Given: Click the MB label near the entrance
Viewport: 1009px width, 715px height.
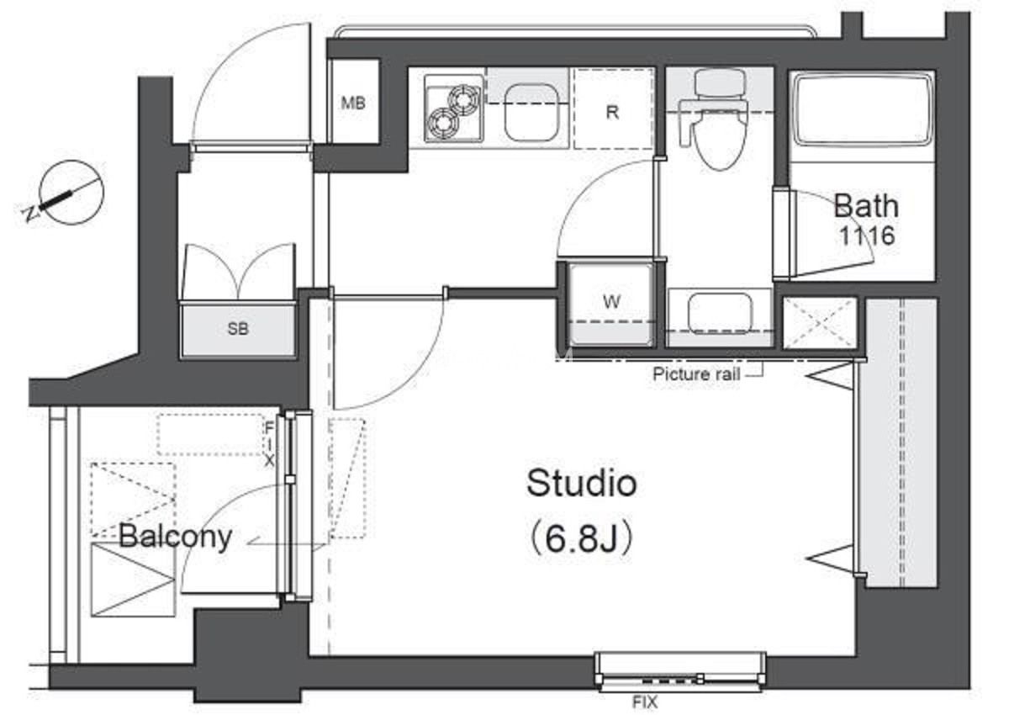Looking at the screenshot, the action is tap(352, 103).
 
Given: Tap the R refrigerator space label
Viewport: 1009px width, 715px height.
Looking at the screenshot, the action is tap(612, 112).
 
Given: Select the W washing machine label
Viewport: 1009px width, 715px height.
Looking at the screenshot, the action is tap(611, 301).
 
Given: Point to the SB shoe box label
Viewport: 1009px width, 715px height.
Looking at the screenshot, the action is tap(238, 329).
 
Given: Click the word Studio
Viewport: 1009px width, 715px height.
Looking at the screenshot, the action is tap(582, 484).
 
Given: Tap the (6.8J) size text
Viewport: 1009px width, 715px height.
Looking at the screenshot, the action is tap(582, 539).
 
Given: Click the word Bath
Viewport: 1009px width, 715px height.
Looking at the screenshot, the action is tap(866, 206).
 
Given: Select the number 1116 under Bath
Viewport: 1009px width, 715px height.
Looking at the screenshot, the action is tap(867, 236).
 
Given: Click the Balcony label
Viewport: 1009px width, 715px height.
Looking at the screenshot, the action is tap(175, 538).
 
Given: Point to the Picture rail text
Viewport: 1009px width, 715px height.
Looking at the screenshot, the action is tap(696, 374).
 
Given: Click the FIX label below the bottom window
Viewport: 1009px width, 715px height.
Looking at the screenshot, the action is tap(645, 702).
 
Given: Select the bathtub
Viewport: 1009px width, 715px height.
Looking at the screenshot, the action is tap(862, 109).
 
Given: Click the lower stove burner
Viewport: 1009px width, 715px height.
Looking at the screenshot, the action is tap(443, 122).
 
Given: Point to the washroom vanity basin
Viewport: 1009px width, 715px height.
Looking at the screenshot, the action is tap(721, 313).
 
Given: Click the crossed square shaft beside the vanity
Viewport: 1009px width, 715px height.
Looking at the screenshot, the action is tap(820, 322).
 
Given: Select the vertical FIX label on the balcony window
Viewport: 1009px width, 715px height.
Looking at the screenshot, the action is tap(269, 444).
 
